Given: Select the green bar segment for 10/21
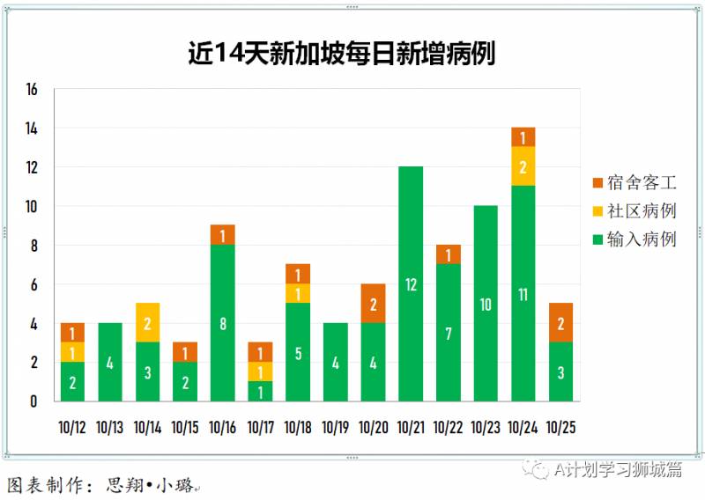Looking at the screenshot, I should (411, 283).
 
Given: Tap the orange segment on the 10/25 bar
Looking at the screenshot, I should (560, 322).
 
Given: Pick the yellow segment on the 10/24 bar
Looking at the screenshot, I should (523, 166).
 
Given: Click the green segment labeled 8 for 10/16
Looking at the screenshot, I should (223, 322).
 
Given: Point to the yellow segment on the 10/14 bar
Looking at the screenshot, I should (147, 322).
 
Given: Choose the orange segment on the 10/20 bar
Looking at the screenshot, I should (373, 304).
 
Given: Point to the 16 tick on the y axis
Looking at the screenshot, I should (33, 90).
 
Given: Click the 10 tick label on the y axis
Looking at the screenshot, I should (33, 207).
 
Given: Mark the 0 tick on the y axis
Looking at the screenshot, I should (33, 401).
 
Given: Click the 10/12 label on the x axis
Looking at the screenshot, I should (72, 428).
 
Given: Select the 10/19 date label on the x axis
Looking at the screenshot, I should (335, 428).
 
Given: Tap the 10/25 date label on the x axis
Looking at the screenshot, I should (560, 428).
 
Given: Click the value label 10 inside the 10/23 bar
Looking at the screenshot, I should (486, 305).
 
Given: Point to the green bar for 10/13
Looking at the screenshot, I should (110, 362).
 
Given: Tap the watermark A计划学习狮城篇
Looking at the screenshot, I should (608, 470).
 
